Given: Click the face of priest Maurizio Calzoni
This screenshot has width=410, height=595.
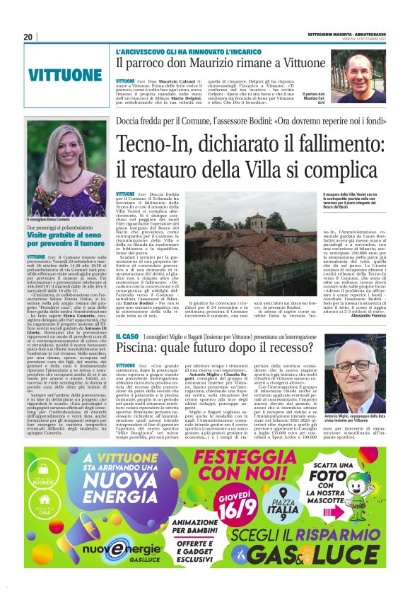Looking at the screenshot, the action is (x=362, y=70).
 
